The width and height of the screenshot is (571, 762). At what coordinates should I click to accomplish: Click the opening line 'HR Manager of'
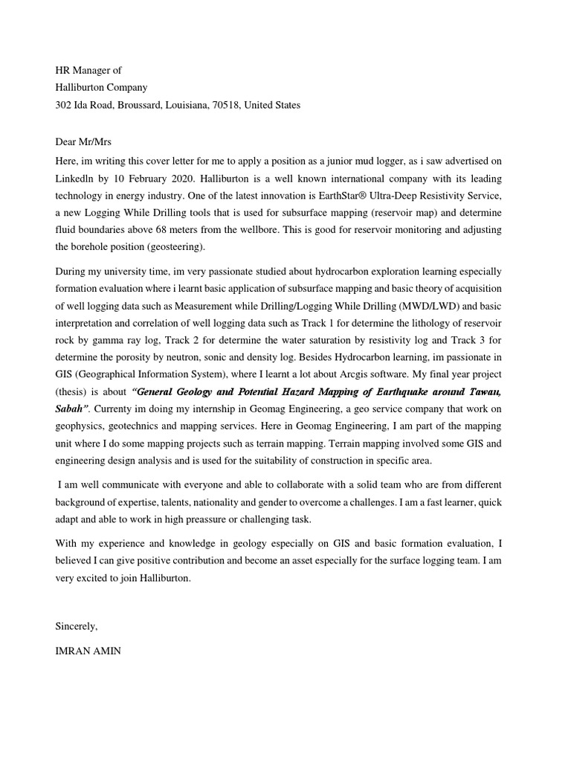[x=88, y=70]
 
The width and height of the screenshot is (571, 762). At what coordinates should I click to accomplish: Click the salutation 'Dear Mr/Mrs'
[x=83, y=141]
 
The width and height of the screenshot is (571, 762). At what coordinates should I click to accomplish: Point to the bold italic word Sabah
[x=70, y=408]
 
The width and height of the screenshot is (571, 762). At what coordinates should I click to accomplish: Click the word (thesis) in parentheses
[x=72, y=391]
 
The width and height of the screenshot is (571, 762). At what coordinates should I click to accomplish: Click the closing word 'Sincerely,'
[x=77, y=626]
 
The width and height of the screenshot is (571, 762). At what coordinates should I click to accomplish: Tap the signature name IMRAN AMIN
[x=88, y=650]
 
